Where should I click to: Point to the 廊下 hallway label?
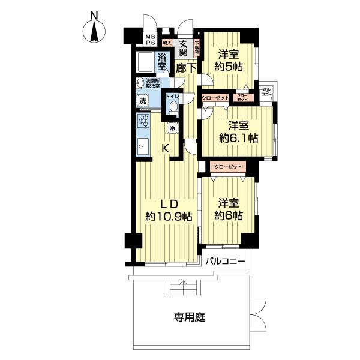187,68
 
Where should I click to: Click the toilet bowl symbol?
173,106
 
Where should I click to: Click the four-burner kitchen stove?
143,122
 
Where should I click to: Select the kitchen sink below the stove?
143,146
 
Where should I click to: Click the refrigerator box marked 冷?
173,128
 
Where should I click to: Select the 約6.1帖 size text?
238,138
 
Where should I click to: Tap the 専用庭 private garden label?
190,317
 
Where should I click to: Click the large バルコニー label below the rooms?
226,262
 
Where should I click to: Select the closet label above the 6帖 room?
227,166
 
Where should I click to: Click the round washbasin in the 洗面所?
142,82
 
